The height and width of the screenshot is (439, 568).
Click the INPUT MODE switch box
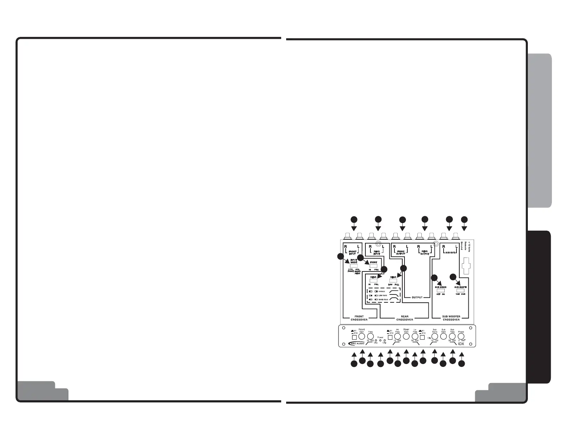(354, 266)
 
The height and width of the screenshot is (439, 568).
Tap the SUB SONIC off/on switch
(440, 291)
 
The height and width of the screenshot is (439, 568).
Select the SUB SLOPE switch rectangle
(460, 291)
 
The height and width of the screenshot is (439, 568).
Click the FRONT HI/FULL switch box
(373, 266)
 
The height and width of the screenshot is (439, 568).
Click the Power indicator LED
(380, 340)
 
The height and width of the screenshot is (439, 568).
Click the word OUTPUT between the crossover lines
(417, 297)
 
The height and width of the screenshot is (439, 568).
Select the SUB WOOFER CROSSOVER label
(451, 318)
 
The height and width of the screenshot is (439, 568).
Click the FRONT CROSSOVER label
(359, 318)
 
